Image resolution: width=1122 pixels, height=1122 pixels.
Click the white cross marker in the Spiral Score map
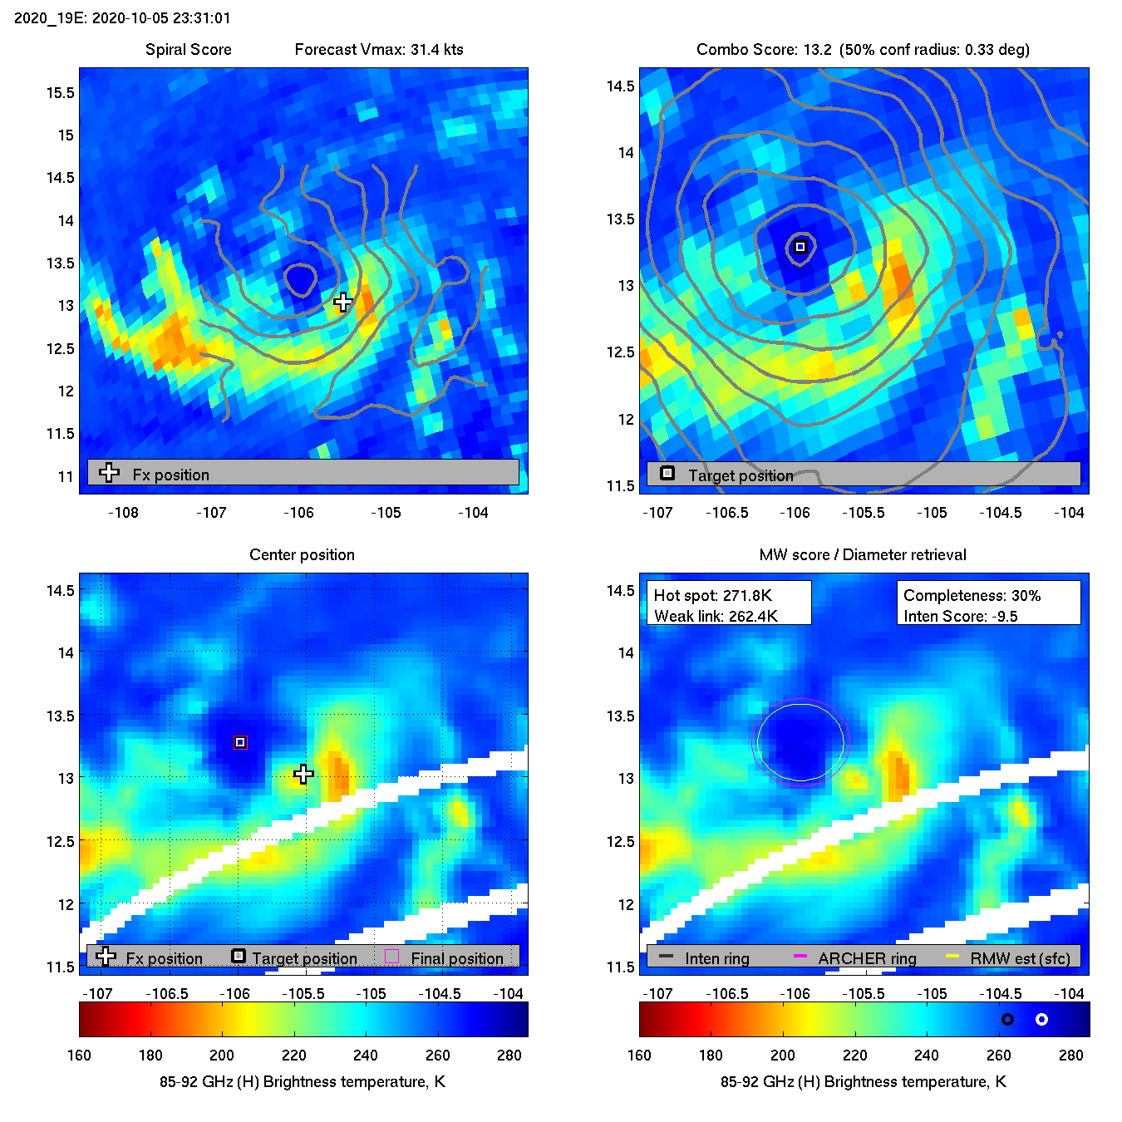(342, 302)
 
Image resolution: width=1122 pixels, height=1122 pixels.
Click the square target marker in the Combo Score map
(800, 247)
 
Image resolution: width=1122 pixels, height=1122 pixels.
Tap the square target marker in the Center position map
(240, 742)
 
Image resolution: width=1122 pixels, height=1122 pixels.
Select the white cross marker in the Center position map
(303, 775)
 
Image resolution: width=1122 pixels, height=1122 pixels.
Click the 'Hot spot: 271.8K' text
(712, 595)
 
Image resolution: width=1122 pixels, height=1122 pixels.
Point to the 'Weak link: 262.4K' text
(716, 616)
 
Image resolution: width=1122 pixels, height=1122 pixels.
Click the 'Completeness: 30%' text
(972, 595)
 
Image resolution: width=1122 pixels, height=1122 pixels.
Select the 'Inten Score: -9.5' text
(960, 616)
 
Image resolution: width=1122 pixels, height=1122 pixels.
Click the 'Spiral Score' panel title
(189, 49)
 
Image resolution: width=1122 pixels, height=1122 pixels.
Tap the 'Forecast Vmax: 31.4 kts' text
(379, 49)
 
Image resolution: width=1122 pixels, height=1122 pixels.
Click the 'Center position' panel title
(302, 554)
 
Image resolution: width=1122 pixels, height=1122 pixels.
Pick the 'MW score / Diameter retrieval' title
(863, 554)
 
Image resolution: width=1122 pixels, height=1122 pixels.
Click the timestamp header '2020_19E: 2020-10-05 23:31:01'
(122, 17)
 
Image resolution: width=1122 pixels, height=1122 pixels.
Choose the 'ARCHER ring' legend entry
(867, 958)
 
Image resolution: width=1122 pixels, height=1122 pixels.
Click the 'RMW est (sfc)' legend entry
(1020, 958)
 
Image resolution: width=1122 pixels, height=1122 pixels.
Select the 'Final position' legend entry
(456, 958)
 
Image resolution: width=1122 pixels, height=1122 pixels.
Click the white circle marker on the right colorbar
(1041, 1019)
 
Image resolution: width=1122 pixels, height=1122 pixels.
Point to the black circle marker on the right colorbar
(1007, 1019)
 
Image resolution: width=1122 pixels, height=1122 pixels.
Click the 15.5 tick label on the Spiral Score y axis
(60, 92)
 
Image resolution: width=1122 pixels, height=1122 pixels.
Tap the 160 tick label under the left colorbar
(79, 1055)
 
